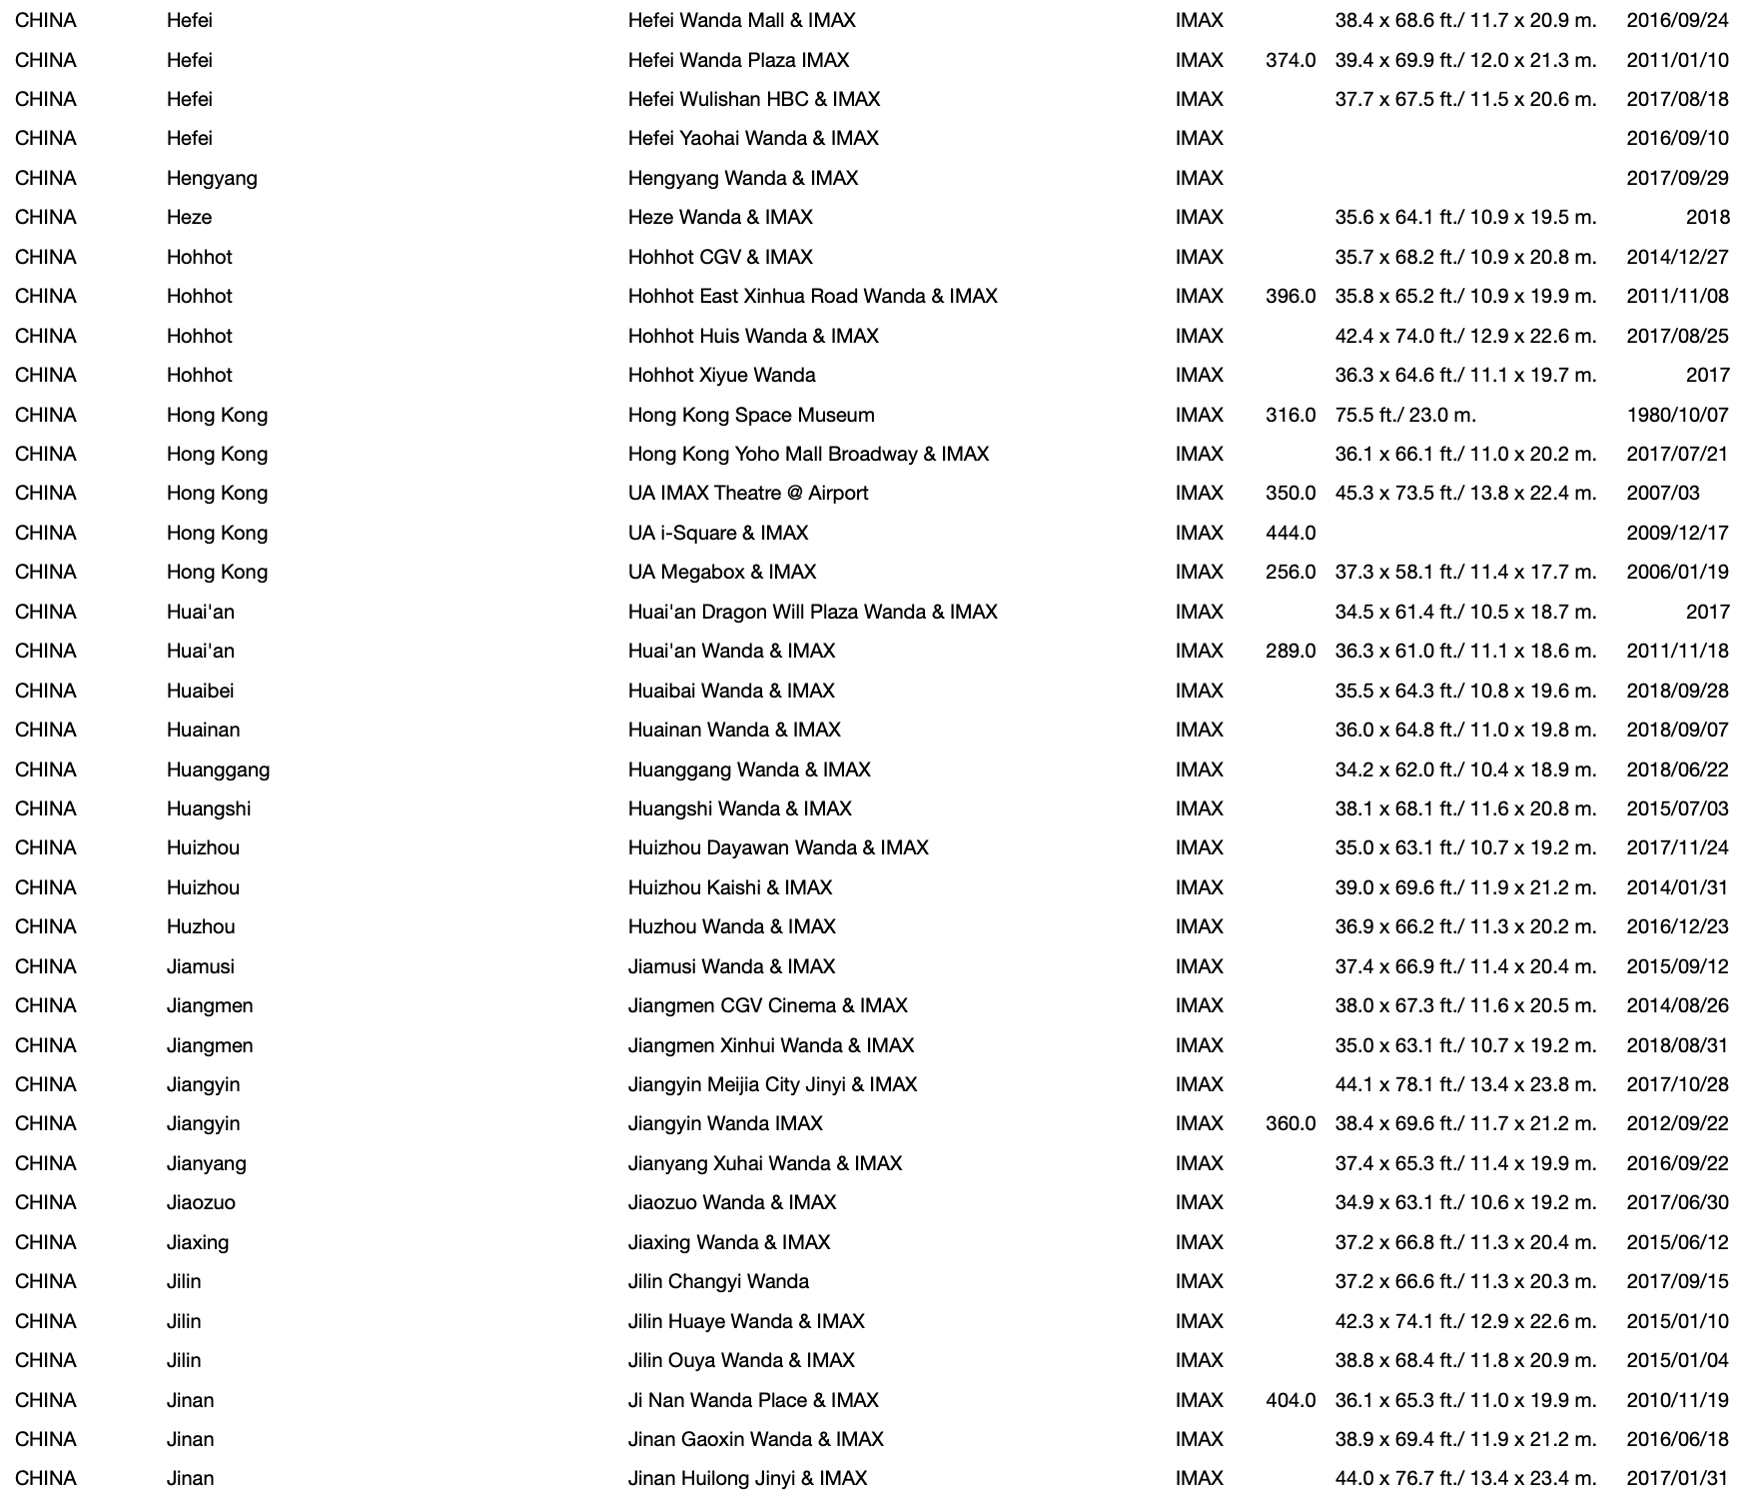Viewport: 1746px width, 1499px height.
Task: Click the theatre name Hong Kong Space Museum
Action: coord(751,415)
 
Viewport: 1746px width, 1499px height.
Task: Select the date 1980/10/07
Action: coord(1677,415)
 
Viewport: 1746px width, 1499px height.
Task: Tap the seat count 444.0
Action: coord(1291,533)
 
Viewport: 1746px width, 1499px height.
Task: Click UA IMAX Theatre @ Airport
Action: coord(748,493)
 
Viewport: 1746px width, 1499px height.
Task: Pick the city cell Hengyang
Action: coord(212,178)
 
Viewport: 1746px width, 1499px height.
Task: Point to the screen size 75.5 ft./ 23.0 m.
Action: coord(1405,415)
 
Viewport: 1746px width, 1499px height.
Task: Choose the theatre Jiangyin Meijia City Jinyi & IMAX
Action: coord(772,1084)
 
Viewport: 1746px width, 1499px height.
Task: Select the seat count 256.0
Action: coord(1291,572)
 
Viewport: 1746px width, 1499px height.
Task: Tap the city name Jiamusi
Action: coord(201,966)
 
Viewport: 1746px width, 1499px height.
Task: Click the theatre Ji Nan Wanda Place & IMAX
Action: coord(753,1400)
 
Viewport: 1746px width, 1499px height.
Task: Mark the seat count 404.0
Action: coord(1291,1400)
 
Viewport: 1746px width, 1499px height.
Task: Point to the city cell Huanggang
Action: coord(218,769)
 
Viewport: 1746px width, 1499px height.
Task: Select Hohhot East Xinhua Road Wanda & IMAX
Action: coord(813,296)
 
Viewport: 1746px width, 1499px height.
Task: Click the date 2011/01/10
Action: coord(1677,60)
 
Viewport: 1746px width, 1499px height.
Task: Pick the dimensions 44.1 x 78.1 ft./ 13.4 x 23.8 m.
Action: coord(1465,1084)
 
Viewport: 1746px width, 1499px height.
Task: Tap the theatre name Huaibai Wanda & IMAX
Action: coord(731,691)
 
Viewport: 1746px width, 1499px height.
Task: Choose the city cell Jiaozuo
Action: coord(201,1202)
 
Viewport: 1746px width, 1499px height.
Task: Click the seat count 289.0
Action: coord(1291,651)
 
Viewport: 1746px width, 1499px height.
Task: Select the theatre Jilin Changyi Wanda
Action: coord(718,1281)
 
